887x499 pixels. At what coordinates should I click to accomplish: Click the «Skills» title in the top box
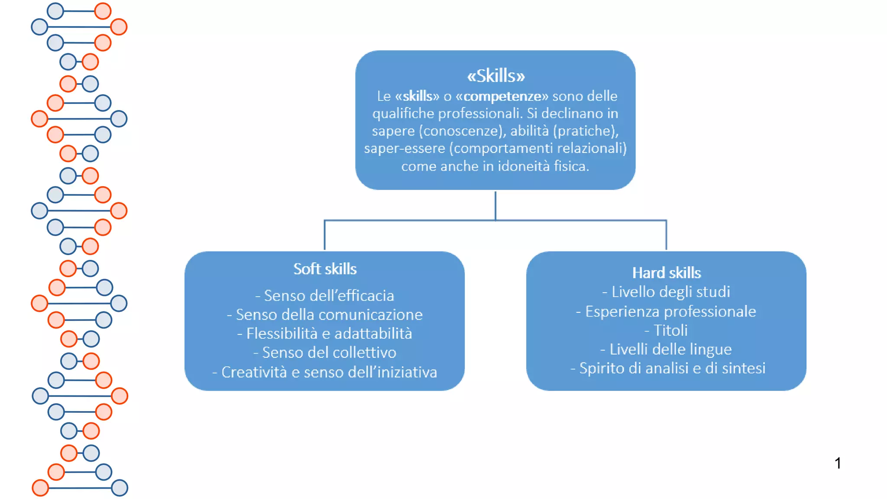click(x=495, y=76)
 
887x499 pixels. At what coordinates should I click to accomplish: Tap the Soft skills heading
click(x=325, y=269)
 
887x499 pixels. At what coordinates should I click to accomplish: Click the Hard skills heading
click(x=667, y=273)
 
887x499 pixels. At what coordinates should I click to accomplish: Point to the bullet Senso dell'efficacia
click(x=325, y=296)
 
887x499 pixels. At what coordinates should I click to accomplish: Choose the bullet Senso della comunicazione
click(x=325, y=315)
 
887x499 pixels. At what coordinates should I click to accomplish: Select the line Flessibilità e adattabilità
click(x=325, y=334)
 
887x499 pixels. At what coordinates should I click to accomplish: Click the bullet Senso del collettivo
click(x=325, y=353)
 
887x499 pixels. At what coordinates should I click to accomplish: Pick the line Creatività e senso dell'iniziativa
click(x=325, y=373)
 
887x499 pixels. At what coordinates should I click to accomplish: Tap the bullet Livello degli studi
click(x=667, y=292)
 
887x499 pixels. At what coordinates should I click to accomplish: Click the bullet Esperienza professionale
click(x=667, y=311)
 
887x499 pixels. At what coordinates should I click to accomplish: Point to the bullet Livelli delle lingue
click(x=667, y=350)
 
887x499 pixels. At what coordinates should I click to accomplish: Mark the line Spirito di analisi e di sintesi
click(x=668, y=368)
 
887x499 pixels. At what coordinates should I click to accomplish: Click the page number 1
click(x=838, y=463)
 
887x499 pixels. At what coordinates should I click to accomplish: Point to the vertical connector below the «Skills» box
click(x=495, y=205)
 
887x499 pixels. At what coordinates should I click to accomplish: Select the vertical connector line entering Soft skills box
click(x=325, y=235)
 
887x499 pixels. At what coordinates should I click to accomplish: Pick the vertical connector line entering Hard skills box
click(x=666, y=235)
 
